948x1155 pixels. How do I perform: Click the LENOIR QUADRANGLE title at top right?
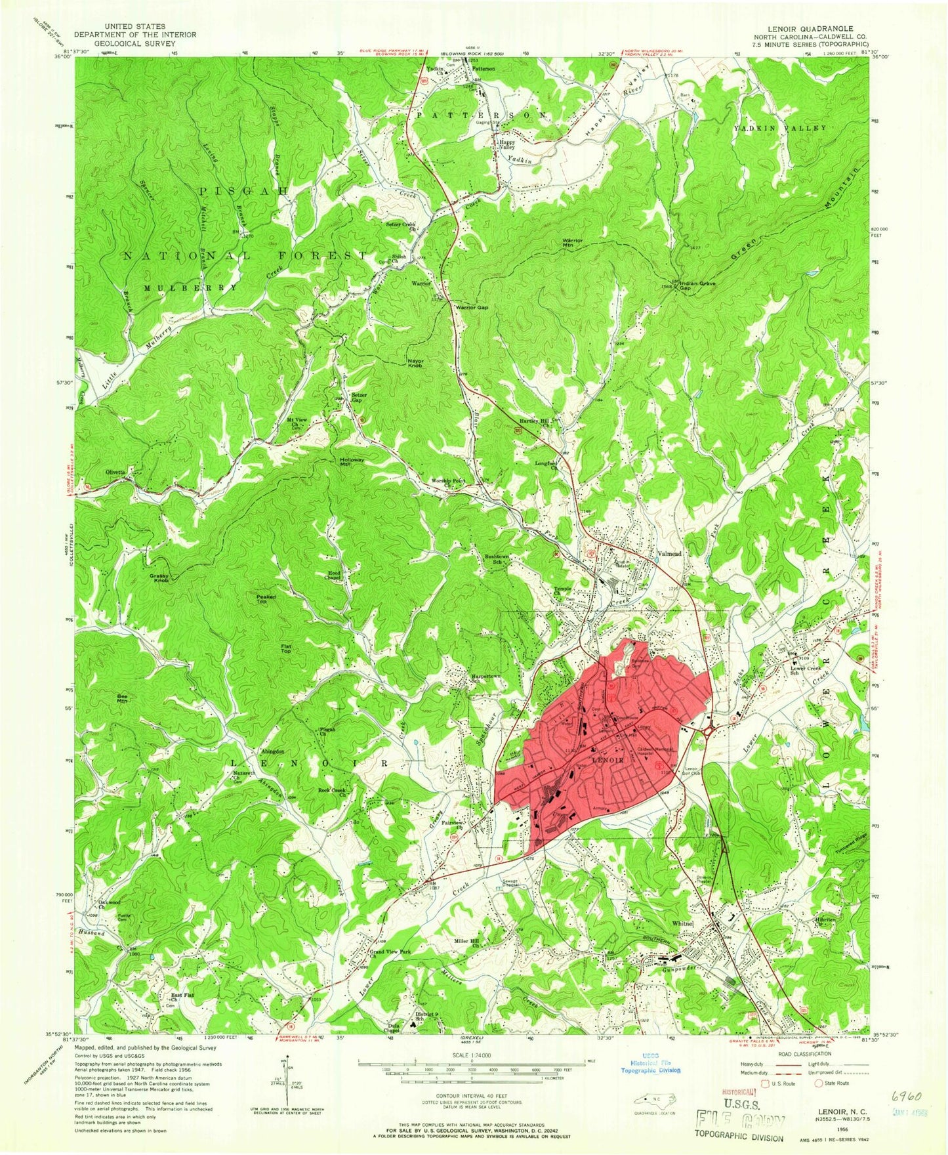[815, 29]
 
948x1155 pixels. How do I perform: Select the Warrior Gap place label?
[472, 307]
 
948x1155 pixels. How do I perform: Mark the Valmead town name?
[669, 554]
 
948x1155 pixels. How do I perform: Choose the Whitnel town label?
[683, 923]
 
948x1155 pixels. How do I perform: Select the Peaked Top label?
[266, 598]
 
